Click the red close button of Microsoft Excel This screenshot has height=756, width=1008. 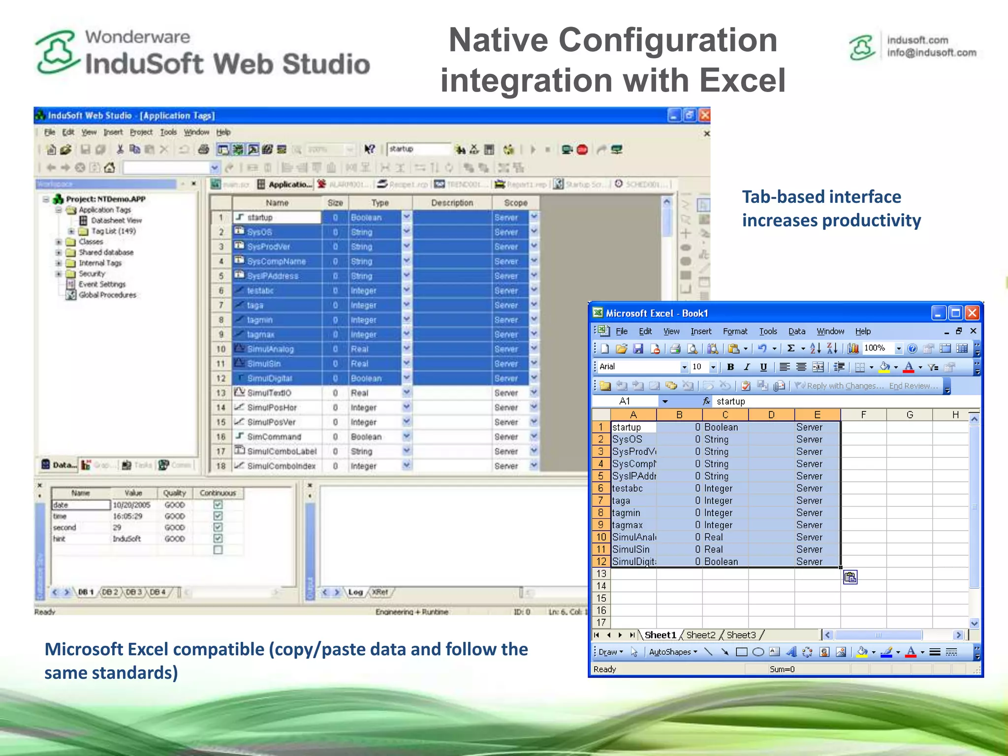tap(972, 313)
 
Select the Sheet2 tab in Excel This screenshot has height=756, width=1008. tap(700, 635)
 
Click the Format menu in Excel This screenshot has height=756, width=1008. tap(734, 331)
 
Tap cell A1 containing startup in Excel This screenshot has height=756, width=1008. tap(633, 427)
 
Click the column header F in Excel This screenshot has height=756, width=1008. tap(863, 415)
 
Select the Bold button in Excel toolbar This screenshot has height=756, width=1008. tap(730, 367)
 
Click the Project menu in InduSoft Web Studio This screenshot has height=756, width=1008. tap(141, 132)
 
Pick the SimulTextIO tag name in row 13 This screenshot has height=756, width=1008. tap(269, 393)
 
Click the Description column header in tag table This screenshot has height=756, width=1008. tap(452, 203)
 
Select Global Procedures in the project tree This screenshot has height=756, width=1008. tap(107, 295)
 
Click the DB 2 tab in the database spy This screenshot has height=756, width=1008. tap(109, 592)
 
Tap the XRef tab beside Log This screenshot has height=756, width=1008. tap(379, 592)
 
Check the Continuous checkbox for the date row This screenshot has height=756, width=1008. tap(218, 504)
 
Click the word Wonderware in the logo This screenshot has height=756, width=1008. tap(137, 37)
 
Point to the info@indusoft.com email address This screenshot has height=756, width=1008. tap(931, 53)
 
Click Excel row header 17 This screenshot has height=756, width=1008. tap(601, 623)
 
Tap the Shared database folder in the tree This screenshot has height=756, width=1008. tap(106, 252)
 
